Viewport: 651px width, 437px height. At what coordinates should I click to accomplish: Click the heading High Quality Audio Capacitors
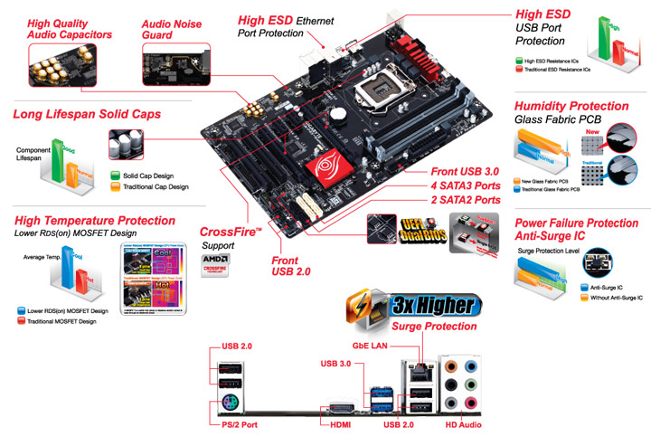[x=70, y=28]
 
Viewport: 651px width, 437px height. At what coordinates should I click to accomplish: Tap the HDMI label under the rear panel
[x=340, y=424]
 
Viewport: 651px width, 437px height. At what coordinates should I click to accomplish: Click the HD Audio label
[x=463, y=424]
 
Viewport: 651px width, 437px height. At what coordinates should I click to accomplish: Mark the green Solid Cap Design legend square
[x=115, y=176]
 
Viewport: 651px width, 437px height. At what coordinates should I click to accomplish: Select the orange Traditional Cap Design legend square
[x=115, y=187]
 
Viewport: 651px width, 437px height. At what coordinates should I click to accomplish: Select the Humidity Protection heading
[x=571, y=106]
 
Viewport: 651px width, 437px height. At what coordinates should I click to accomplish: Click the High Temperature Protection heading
[x=95, y=221]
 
